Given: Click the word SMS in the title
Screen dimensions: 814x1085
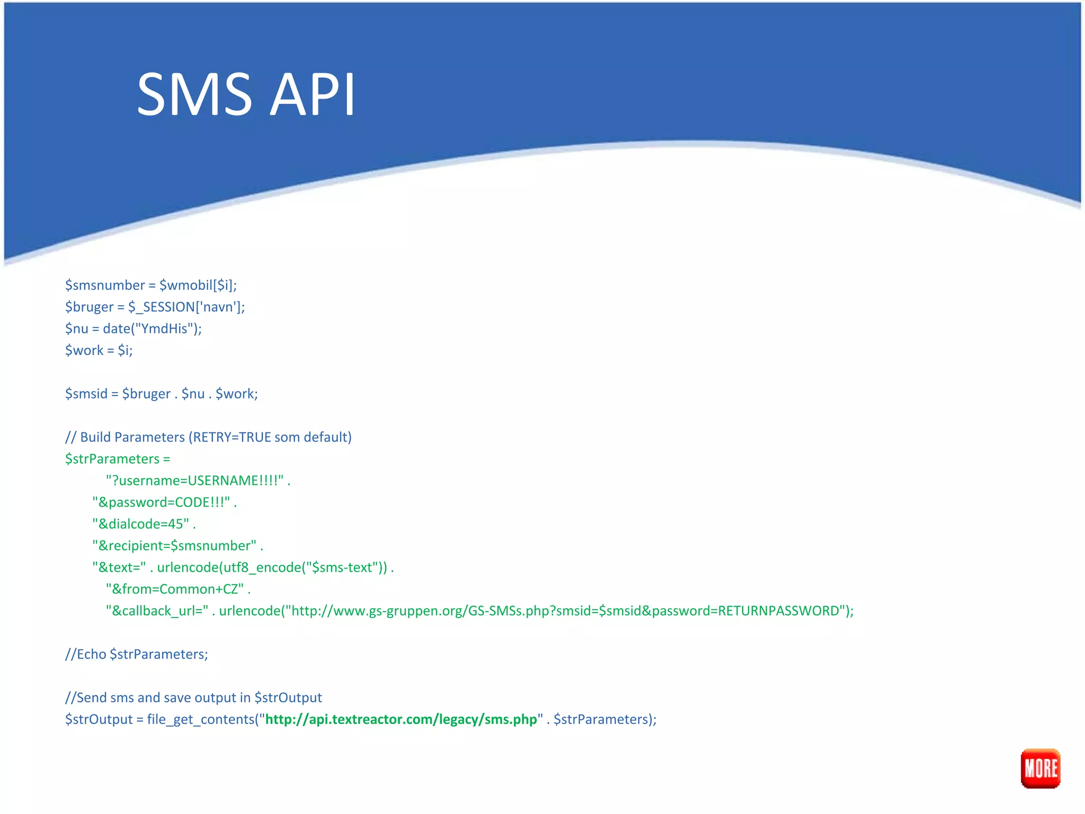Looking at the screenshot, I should (x=194, y=95).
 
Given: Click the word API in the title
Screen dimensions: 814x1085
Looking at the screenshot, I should (x=312, y=95).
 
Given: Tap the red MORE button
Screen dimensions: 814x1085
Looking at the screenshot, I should (x=1040, y=768).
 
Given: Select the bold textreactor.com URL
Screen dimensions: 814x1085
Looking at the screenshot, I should (x=401, y=719).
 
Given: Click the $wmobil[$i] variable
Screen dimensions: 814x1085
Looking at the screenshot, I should (x=198, y=285).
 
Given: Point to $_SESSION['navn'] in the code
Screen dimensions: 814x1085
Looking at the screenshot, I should (x=186, y=307).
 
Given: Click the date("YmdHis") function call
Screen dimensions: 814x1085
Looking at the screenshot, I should (x=152, y=329).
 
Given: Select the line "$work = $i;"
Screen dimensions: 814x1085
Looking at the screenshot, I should (x=99, y=350).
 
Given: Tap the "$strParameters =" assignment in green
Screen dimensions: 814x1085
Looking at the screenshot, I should (x=118, y=459).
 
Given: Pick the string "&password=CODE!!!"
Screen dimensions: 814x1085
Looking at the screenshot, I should (x=161, y=502).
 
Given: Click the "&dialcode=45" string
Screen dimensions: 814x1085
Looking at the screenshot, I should (x=141, y=524).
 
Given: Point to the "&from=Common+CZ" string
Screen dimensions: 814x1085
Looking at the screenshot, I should (x=175, y=589).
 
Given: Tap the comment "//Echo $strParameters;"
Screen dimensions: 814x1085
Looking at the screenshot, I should (x=137, y=654).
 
